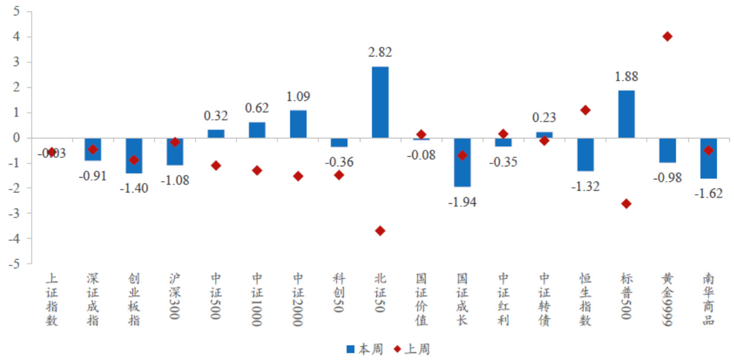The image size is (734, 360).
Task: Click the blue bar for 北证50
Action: [x=380, y=102]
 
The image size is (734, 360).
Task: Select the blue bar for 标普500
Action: [x=627, y=114]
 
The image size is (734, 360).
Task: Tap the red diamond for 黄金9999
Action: [x=667, y=37]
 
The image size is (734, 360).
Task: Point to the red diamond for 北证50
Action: [x=380, y=230]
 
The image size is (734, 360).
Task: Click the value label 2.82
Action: [x=380, y=53]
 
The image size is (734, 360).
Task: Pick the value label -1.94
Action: [x=462, y=202]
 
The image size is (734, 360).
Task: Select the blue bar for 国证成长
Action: [x=462, y=162]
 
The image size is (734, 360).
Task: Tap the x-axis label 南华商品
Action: [x=708, y=299]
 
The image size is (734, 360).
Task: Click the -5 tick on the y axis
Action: [x=14, y=264]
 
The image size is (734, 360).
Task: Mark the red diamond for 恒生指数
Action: [x=586, y=110]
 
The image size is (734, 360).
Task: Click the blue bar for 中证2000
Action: [x=298, y=124]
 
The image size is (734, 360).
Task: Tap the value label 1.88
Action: [x=627, y=77]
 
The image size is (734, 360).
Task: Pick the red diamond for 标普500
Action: [x=627, y=204]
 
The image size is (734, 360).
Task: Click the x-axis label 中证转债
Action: [x=544, y=299]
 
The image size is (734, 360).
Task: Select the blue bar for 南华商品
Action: [x=708, y=158]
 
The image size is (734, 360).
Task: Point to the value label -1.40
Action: [x=134, y=188]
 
